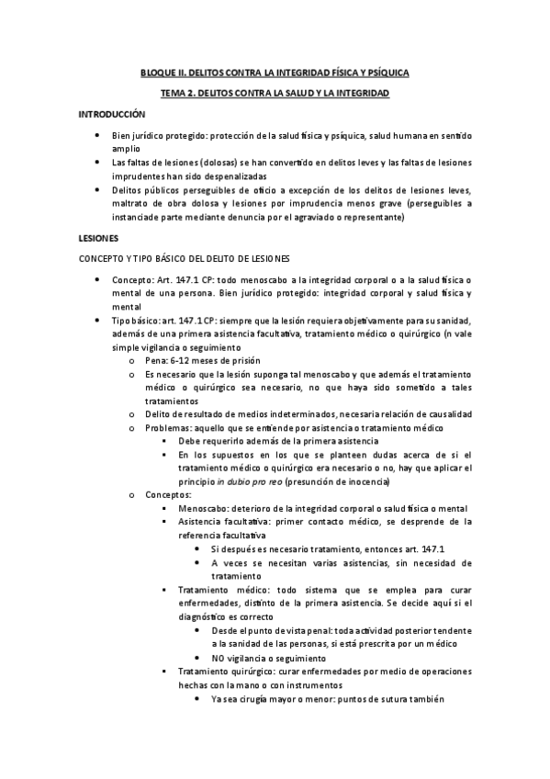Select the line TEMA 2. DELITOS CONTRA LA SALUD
pyautogui.click(x=275, y=94)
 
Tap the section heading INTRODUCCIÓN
pyautogui.click(x=112, y=115)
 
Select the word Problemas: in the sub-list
pyautogui.click(x=168, y=428)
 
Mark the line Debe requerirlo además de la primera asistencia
pyautogui.click(x=277, y=442)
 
